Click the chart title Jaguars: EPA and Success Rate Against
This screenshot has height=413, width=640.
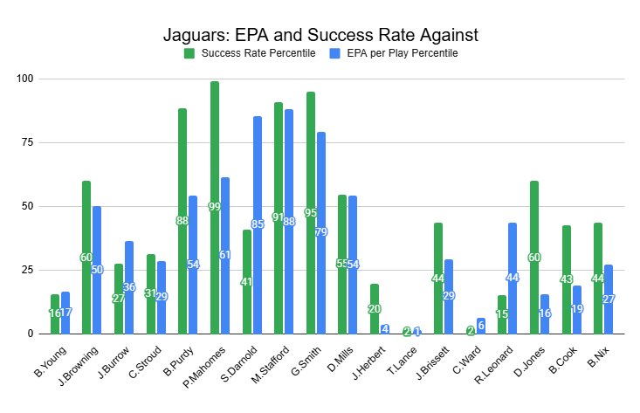click(320, 36)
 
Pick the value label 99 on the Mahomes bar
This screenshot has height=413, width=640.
click(215, 207)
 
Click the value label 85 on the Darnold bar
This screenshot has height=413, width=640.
click(257, 224)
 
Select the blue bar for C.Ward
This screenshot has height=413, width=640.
click(480, 326)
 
